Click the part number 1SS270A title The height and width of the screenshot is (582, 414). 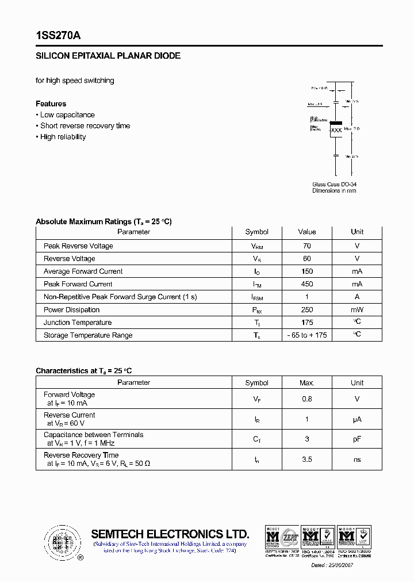point(58,35)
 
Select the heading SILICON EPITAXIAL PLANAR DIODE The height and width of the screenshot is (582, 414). point(108,56)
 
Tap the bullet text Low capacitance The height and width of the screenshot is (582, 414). point(67,115)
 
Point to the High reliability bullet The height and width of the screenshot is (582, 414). point(63,137)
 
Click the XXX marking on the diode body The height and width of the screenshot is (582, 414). point(336,131)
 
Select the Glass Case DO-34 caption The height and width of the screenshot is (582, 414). point(334,184)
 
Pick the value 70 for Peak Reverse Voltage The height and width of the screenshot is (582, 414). point(306,246)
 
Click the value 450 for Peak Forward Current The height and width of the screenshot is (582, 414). point(306,284)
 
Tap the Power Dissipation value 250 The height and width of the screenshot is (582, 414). point(306,310)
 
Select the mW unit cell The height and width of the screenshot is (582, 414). point(356,310)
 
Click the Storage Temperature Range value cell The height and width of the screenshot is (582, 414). point(306,335)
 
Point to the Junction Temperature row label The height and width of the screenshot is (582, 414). point(78,323)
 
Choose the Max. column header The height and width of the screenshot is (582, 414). point(306,383)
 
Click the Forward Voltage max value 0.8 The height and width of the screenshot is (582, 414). point(306,399)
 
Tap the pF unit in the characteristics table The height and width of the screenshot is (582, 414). point(356,439)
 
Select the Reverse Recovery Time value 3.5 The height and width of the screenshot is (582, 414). point(306,460)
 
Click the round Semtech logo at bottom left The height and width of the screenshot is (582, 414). point(62,542)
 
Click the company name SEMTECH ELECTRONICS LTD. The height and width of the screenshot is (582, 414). point(170,534)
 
